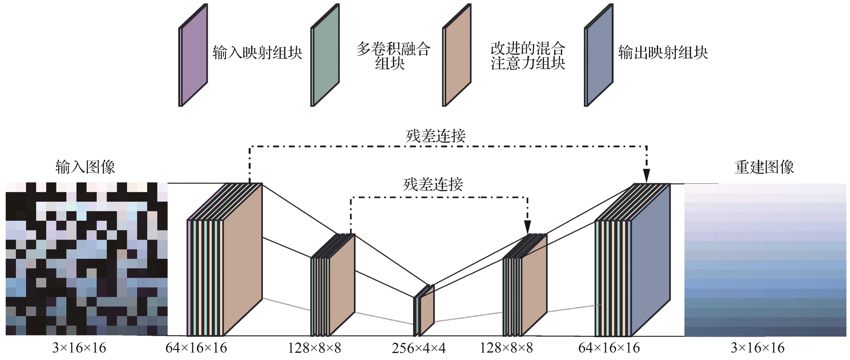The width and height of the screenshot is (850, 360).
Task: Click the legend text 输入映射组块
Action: click(x=257, y=53)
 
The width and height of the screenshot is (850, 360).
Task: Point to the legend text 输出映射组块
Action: click(x=663, y=53)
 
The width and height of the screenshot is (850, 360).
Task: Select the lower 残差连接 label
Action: click(x=433, y=184)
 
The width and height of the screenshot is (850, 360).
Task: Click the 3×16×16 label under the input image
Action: click(x=79, y=348)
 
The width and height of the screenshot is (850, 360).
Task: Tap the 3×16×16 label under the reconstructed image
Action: click(x=758, y=348)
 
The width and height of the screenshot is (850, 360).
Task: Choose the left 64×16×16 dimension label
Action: click(x=196, y=348)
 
